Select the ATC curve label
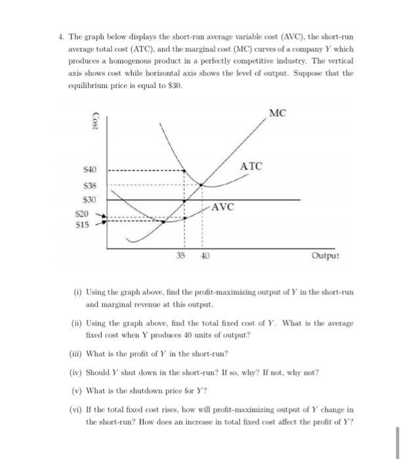point(251,167)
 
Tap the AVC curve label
point(223,205)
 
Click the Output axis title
point(326,256)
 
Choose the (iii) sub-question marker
point(77,353)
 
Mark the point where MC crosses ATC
point(201,184)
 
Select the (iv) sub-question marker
point(77,372)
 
